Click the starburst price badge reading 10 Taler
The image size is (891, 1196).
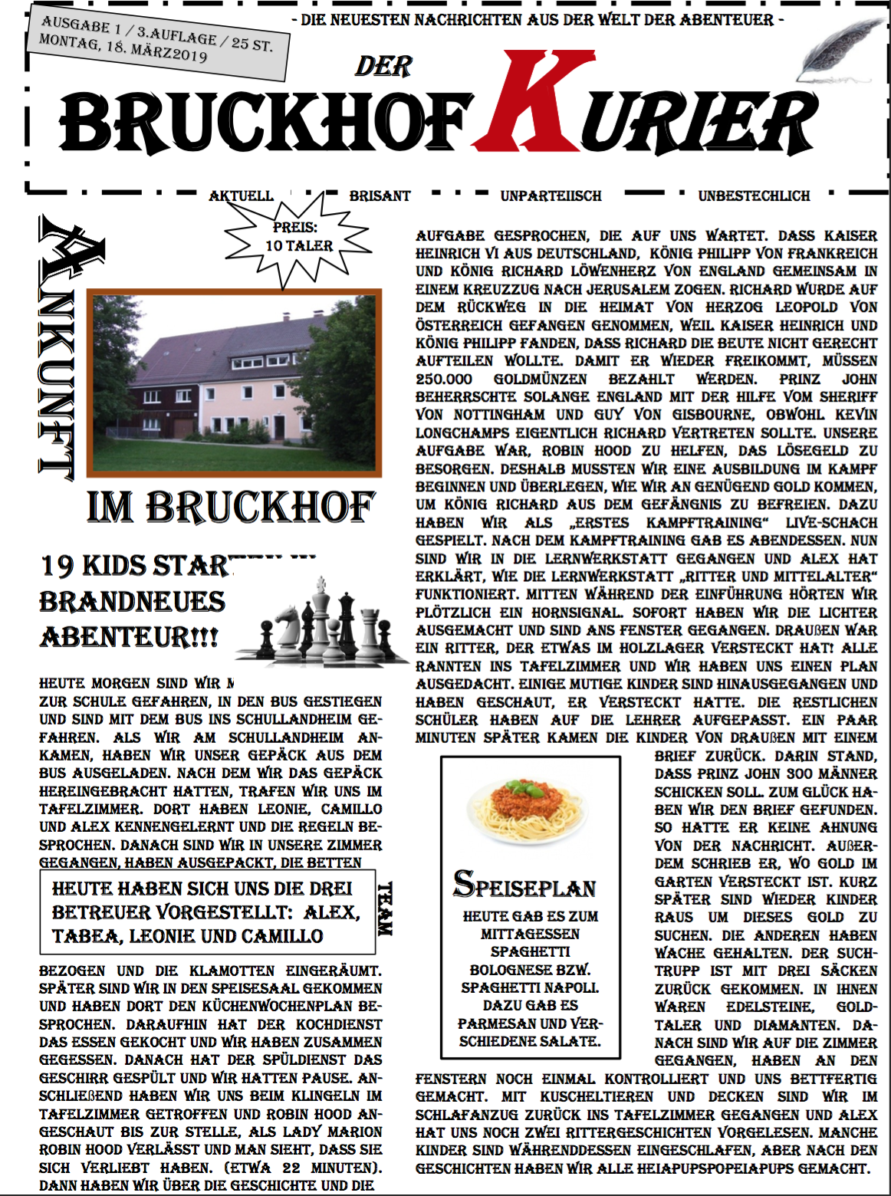point(298,238)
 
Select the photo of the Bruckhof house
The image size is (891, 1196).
point(234,382)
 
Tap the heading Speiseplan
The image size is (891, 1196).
point(524,886)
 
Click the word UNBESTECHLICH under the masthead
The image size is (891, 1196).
point(753,196)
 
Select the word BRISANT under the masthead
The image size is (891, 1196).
point(380,196)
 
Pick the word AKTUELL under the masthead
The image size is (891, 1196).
point(241,196)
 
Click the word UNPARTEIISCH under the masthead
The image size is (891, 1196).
point(551,196)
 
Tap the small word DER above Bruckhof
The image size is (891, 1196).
point(383,67)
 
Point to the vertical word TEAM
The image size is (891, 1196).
point(385,909)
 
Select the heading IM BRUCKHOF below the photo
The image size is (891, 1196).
point(231,507)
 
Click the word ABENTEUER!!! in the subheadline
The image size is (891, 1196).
point(129,637)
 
